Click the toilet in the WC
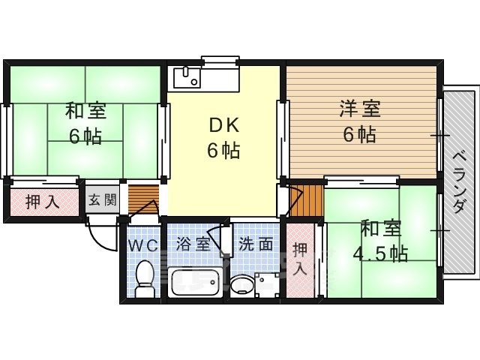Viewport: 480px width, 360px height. pos(144,278)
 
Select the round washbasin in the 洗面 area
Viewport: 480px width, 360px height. pos(241,286)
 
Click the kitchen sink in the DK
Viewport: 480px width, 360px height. pos(187,78)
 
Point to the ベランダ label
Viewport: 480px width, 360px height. pos(459,183)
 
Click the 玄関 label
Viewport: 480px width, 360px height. pos(103,200)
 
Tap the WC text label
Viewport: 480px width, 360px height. pos(143,245)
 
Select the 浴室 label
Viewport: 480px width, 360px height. pos(193,244)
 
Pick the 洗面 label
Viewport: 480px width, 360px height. pos(256,244)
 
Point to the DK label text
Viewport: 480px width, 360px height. pos(223,125)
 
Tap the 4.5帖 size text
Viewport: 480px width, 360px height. pos(380,253)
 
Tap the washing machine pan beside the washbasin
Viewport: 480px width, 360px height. pos(267,285)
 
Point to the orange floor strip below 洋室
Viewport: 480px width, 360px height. pos(306,200)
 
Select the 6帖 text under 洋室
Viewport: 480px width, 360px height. pos(360,134)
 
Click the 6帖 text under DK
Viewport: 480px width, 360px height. pos(223,150)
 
